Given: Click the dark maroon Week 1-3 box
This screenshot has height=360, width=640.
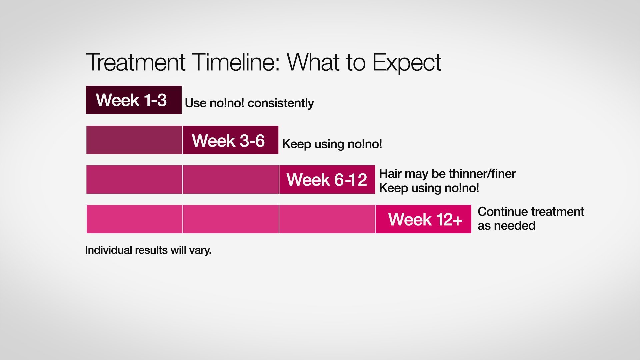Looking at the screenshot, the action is click(134, 100).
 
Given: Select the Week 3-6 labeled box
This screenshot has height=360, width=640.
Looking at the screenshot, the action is click(230, 140).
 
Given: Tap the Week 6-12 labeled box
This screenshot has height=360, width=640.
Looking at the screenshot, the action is click(327, 179).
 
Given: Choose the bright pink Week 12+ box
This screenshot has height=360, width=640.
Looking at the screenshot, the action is click(423, 219).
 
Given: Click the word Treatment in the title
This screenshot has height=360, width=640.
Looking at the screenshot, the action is click(135, 62).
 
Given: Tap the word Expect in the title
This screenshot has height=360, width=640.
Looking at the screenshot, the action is click(407, 63).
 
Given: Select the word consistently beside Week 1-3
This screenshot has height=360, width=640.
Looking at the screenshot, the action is click(281, 103).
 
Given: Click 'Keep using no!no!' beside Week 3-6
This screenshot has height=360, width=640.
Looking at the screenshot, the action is click(332, 144).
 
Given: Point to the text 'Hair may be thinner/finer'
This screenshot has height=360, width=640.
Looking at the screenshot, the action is click(447, 174).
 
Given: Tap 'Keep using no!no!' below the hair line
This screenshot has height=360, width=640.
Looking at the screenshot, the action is click(429, 188).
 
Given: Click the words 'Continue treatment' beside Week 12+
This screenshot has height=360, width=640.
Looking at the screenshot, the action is click(531, 212).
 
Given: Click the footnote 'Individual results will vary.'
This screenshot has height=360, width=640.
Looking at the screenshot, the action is click(148, 250).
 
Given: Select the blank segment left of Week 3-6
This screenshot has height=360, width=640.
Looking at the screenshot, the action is click(134, 140).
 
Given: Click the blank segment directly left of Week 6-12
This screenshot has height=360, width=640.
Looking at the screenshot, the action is click(231, 179).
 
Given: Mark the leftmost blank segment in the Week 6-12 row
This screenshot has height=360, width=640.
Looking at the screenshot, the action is click(134, 179).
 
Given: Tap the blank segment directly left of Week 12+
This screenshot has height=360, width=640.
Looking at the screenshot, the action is click(327, 219).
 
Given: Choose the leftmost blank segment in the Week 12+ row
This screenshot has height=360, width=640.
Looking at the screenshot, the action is click(134, 219).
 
